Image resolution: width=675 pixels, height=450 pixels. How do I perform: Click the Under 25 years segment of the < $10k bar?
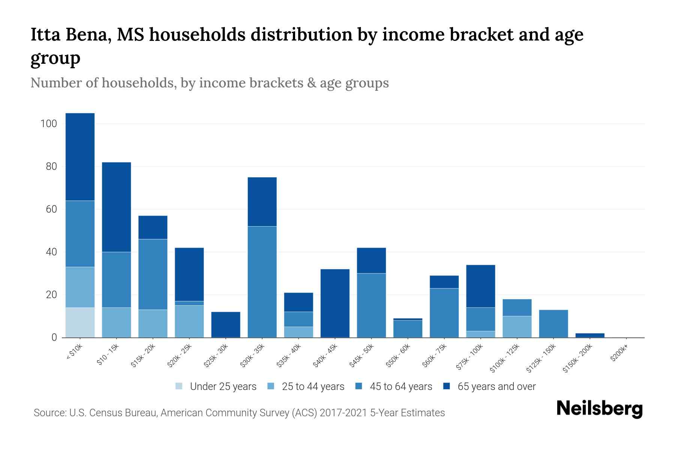[80, 322]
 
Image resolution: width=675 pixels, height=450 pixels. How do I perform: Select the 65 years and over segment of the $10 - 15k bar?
[116, 207]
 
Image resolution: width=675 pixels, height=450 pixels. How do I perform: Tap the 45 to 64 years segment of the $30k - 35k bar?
[262, 282]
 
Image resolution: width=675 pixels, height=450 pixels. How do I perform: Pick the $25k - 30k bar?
[226, 325]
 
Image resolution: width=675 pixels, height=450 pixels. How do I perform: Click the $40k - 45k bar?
[335, 303]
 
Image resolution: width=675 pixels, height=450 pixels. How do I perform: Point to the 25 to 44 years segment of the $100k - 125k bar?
[517, 327]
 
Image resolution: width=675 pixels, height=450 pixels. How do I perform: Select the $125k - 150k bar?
[553, 324]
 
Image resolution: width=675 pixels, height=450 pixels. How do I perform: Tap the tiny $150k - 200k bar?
[590, 335]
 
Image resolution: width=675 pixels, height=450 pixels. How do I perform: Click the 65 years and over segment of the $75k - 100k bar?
[481, 286]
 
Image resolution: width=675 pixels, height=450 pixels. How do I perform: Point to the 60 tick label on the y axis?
[51, 209]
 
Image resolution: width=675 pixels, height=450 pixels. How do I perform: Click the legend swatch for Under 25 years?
[179, 386]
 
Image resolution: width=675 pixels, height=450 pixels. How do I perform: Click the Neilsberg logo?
[599, 409]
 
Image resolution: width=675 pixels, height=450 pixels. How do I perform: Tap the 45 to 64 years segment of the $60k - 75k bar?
[444, 313]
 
